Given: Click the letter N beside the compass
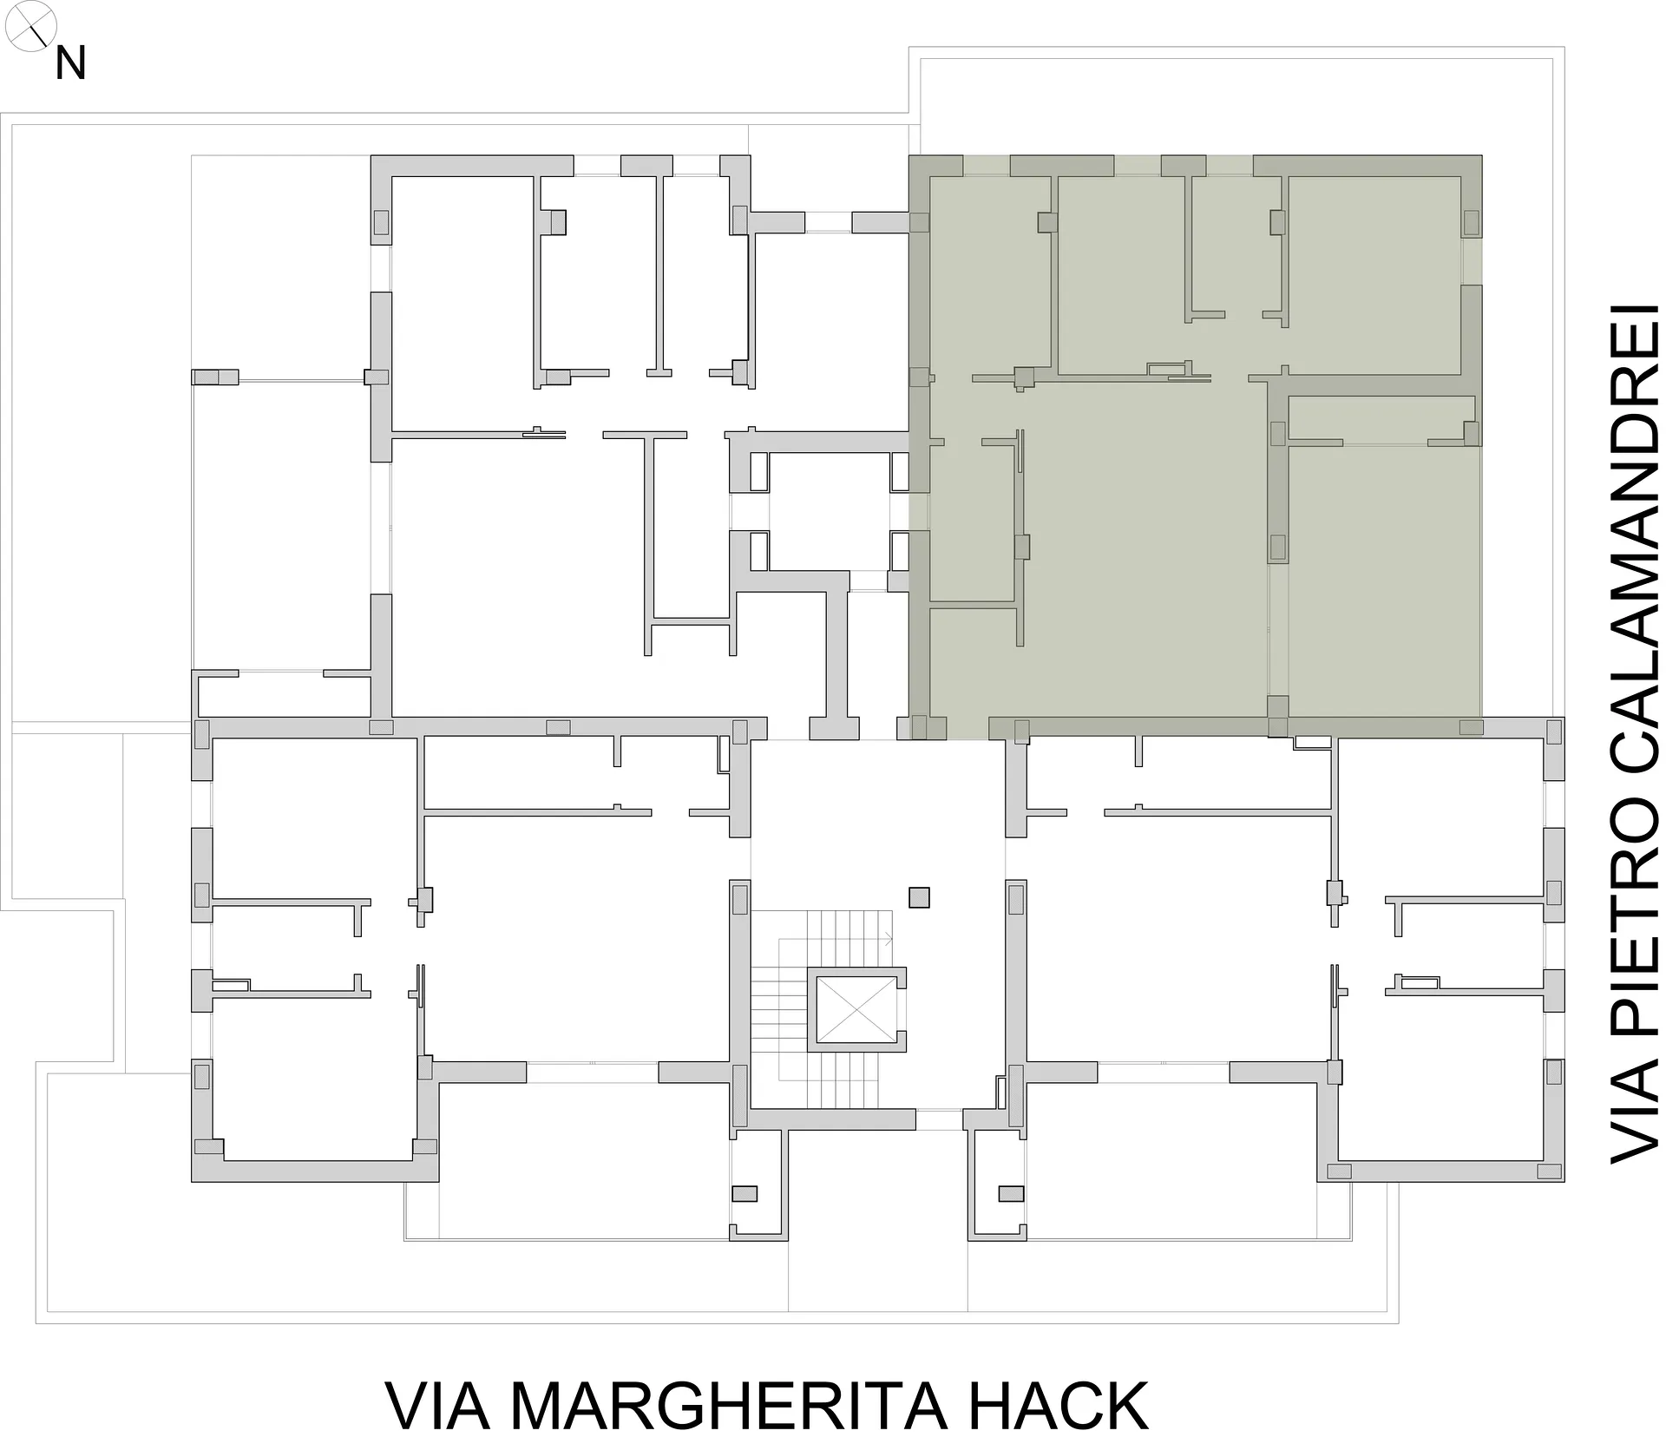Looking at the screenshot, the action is click(70, 63).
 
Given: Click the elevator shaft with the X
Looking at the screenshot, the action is click(856, 1007).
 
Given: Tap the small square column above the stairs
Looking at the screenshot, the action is click(919, 896).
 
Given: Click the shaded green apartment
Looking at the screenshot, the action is click(1195, 447).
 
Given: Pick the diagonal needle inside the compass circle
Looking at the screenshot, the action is click(36, 31).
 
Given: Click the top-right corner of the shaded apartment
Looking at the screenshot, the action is click(1481, 156).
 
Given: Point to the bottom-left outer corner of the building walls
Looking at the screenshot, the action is click(192, 1181).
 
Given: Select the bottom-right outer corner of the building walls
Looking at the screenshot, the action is click(1564, 1181).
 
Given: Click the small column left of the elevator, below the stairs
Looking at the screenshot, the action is click(744, 1193).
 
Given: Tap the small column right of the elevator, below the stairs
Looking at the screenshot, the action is click(1011, 1193).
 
